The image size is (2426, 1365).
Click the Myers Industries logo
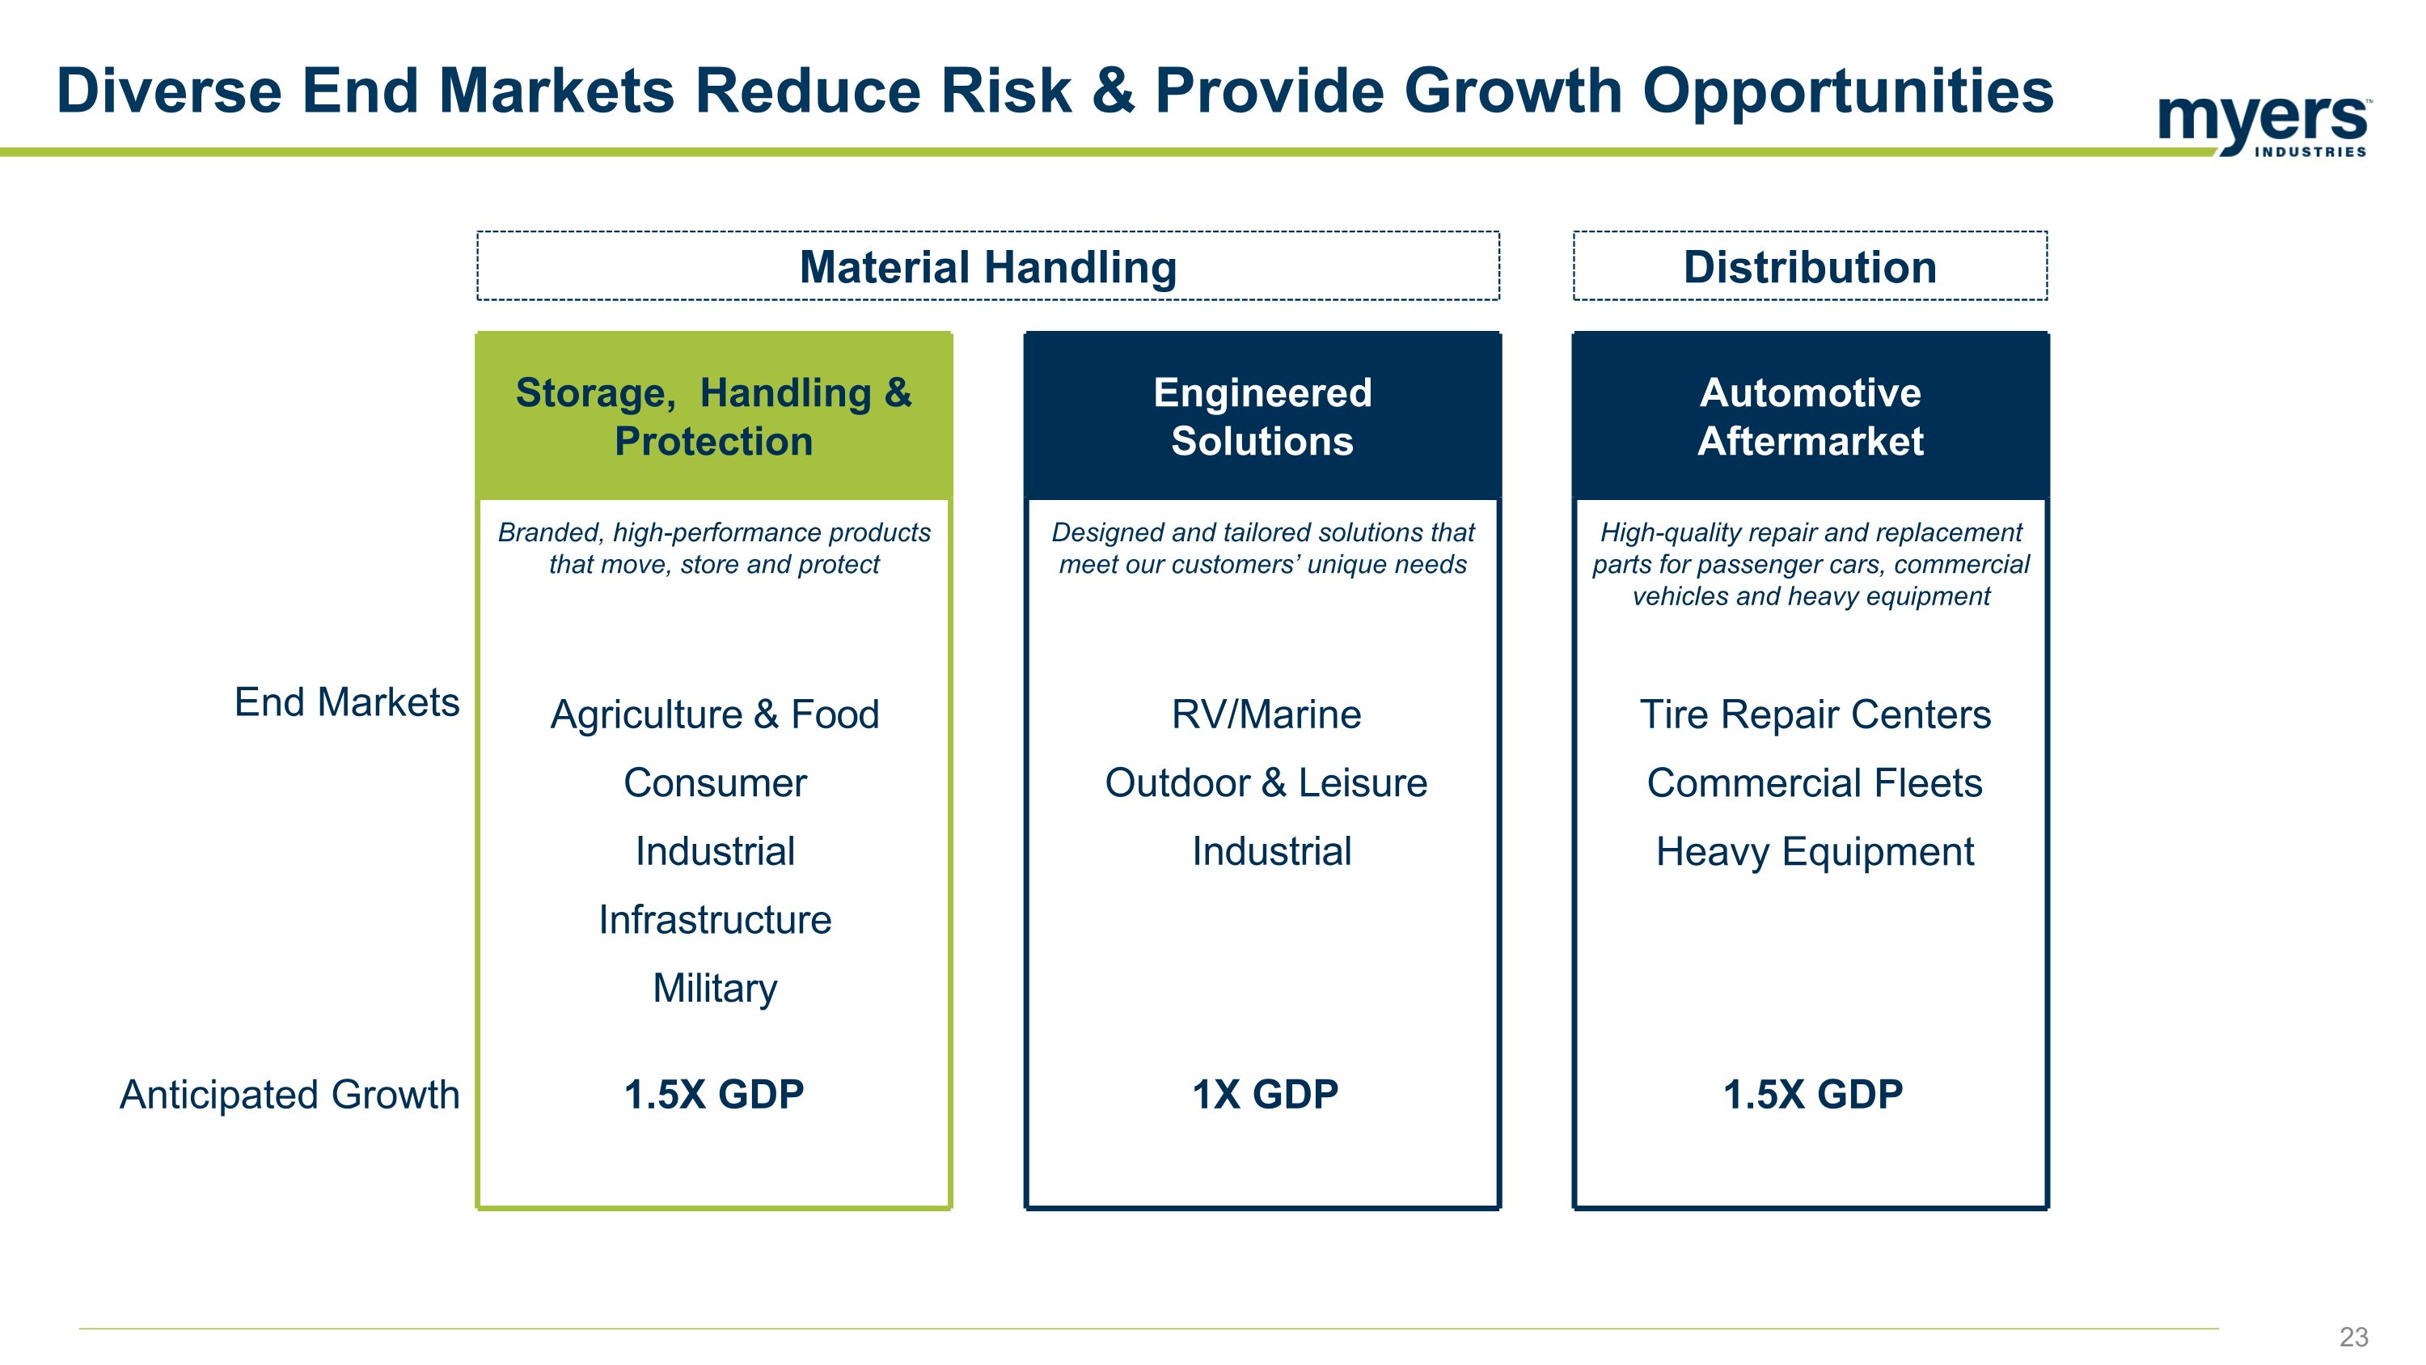2264,125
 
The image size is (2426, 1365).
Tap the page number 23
2353,1337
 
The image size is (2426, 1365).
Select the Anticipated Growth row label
290,1095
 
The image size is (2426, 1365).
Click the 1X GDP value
1265,1095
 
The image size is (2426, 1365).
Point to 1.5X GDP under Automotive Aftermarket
1813,1095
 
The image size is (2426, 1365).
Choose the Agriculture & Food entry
715,714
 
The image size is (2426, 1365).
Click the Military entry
715,988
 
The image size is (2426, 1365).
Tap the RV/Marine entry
1266,714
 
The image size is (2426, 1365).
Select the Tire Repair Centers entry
1815,714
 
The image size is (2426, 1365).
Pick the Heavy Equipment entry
1815,851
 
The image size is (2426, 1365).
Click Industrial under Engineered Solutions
1271,851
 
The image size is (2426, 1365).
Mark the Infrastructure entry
715,919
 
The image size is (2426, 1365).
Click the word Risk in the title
1006,91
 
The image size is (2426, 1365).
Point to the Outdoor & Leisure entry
1266,782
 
